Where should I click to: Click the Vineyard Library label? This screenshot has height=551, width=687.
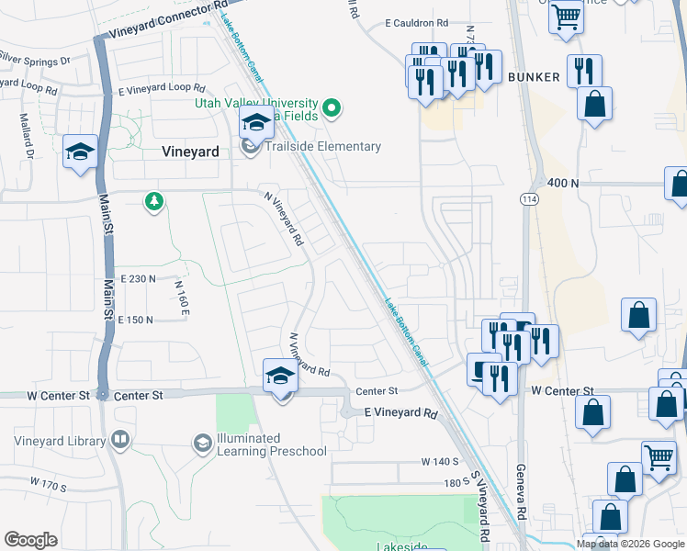tap(60, 441)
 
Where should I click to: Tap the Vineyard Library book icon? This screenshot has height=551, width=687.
tap(118, 441)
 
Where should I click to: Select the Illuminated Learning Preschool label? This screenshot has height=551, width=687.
tap(272, 444)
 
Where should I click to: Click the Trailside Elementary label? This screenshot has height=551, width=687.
tap(321, 147)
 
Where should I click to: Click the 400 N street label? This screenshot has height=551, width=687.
tap(563, 184)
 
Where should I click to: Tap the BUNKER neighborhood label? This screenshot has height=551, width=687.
tap(534, 77)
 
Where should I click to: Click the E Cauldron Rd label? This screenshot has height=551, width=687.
tap(416, 22)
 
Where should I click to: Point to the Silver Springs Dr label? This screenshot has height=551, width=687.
tap(35, 61)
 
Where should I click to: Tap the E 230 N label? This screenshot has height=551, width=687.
tap(137, 278)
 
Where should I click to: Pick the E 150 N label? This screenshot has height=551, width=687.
tap(135, 320)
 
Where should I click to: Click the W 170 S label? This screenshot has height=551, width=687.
tap(50, 481)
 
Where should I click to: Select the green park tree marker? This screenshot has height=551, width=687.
tap(155, 201)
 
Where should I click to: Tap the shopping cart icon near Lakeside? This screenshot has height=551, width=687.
tap(659, 456)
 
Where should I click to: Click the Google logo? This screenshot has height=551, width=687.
tap(31, 540)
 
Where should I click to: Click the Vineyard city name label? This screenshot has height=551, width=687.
tap(190, 152)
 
